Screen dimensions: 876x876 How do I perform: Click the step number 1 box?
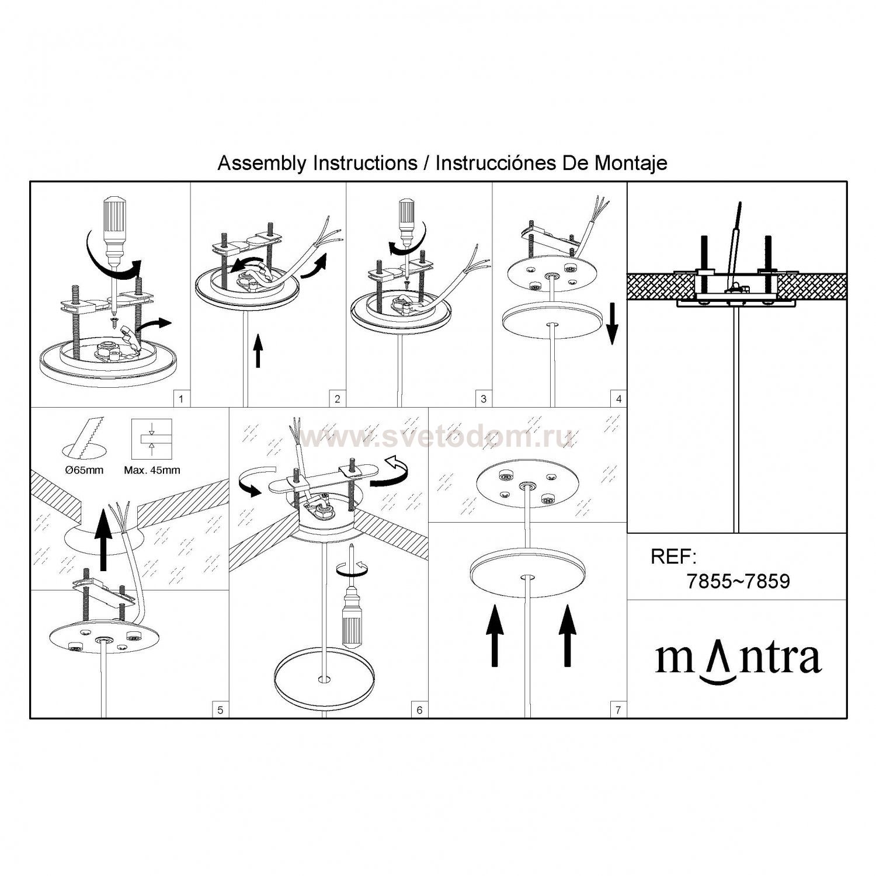tap(182, 399)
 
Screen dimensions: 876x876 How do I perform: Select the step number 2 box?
tap(338, 399)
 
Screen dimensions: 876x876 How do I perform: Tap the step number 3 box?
tap(484, 399)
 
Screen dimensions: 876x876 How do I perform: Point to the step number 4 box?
tap(618, 399)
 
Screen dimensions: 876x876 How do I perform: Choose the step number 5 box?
tap(220, 710)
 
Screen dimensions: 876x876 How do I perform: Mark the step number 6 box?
tap(419, 710)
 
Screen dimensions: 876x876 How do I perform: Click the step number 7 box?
tap(618, 710)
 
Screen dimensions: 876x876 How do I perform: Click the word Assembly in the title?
tap(262, 164)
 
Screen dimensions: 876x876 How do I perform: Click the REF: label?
tap(674, 557)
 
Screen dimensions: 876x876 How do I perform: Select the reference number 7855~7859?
tap(738, 582)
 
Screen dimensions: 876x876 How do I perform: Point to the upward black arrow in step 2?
tap(259, 353)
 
